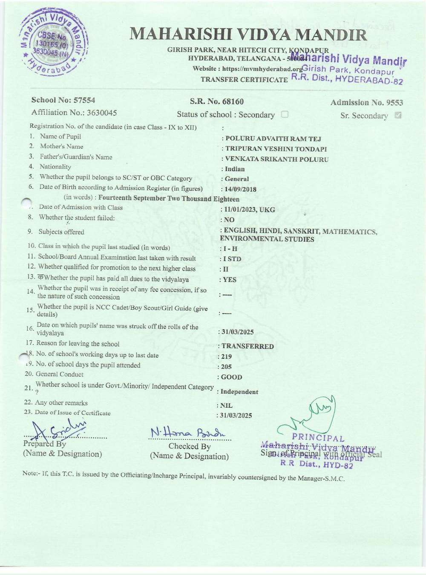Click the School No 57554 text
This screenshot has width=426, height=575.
(63, 100)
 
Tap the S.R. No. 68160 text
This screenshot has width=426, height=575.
(217, 101)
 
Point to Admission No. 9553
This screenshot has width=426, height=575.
(366, 102)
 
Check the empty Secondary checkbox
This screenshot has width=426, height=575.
(285, 114)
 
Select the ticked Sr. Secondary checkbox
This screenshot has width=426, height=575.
(398, 115)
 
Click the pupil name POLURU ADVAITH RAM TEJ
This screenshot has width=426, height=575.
(273, 138)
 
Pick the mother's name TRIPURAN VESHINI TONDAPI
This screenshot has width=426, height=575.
(276, 149)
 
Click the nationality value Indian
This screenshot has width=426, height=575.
(235, 169)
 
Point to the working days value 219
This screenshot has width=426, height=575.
(227, 356)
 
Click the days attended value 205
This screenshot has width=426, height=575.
(227, 367)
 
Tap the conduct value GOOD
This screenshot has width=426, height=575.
(232, 377)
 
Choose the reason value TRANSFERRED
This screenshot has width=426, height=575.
(248, 346)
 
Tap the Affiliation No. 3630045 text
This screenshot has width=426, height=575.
(74, 112)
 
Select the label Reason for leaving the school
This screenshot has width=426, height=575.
(78, 343)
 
